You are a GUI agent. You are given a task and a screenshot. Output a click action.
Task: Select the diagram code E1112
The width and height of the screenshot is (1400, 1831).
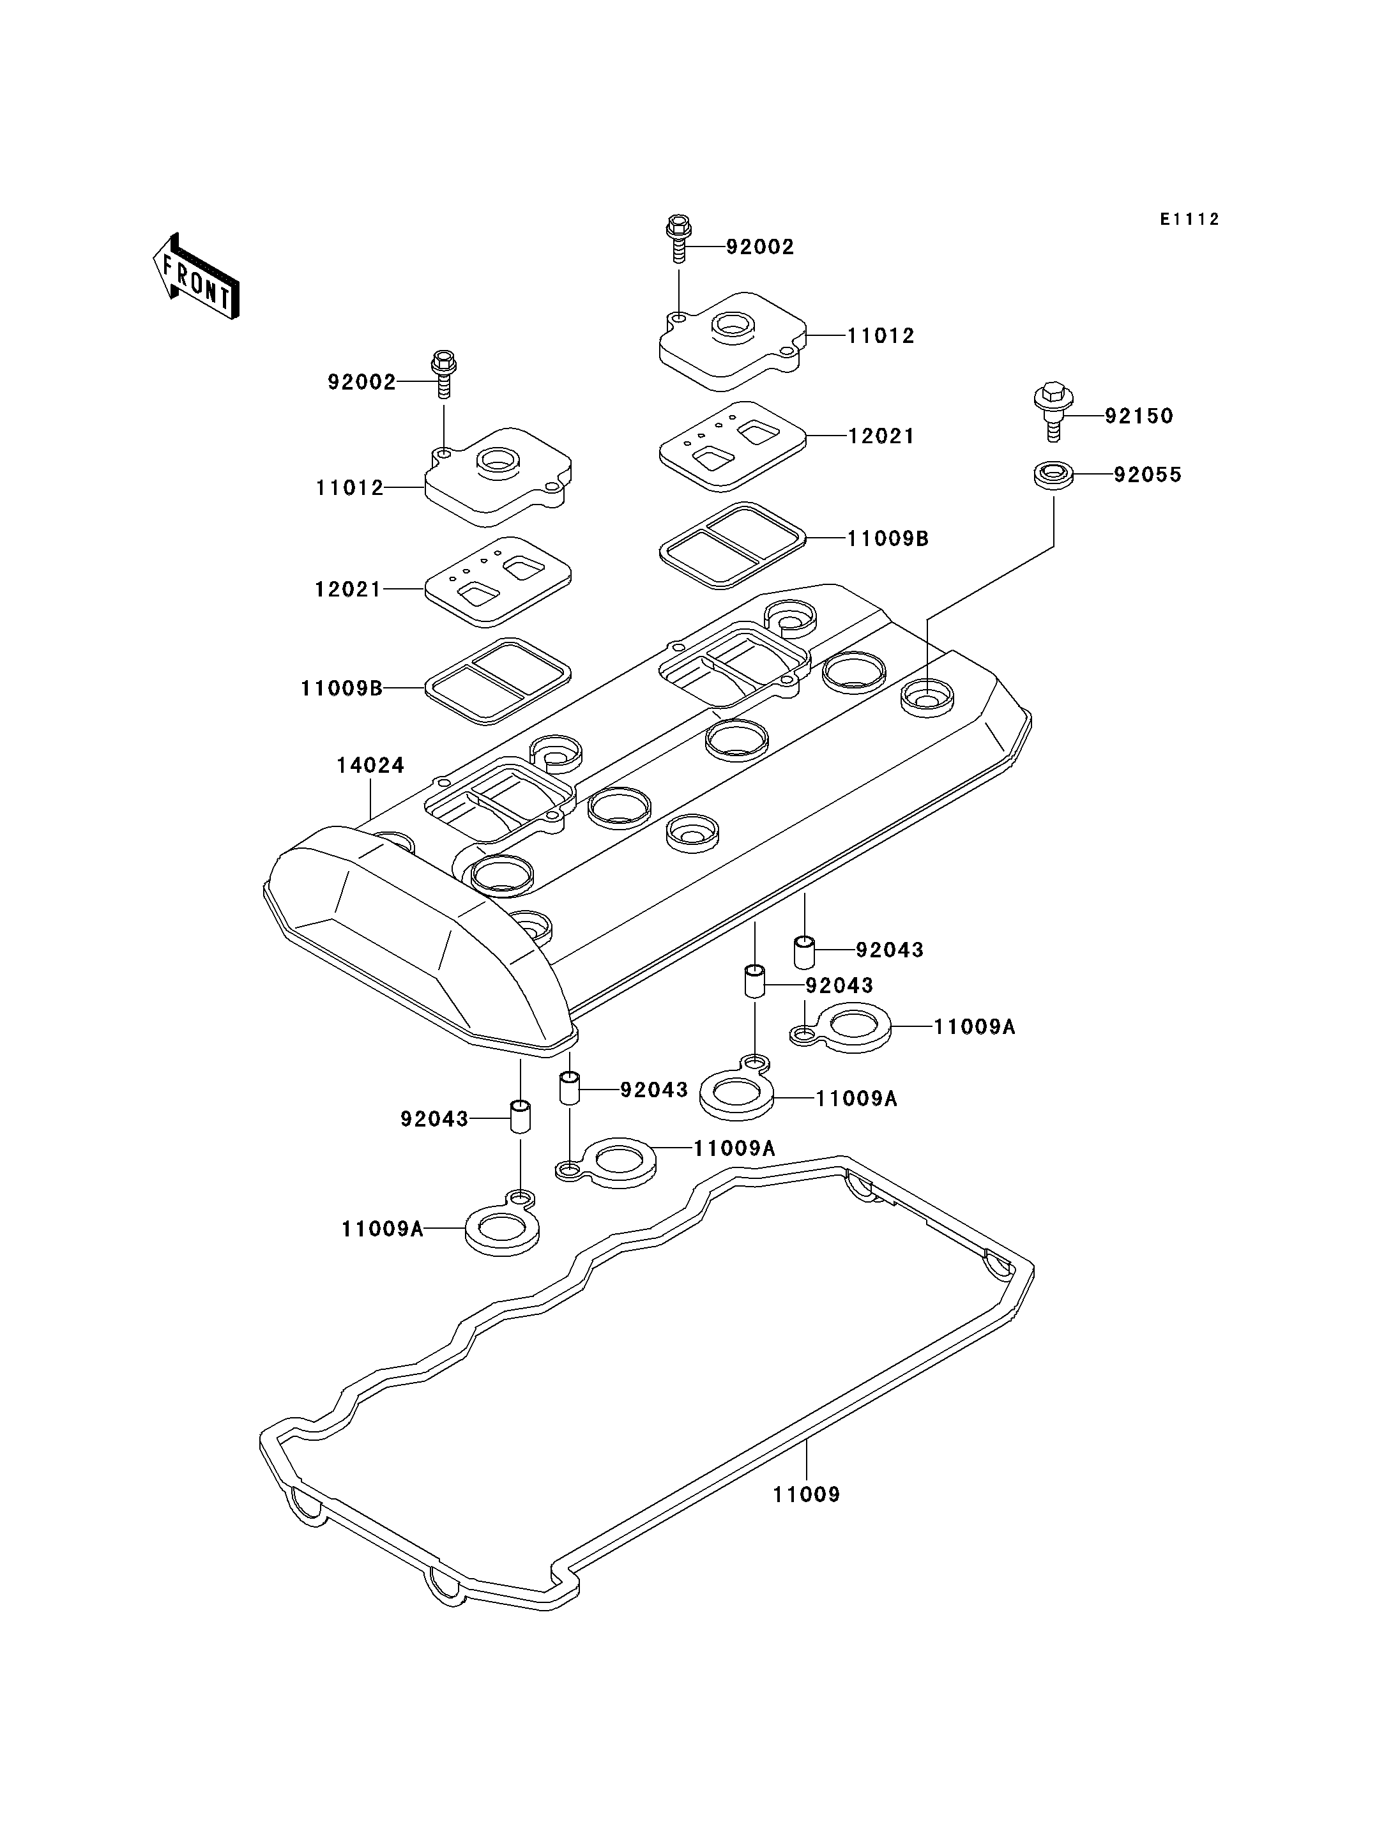pos(1190,219)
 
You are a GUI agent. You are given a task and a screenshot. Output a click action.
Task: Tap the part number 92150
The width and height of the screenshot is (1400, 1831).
pos(1139,416)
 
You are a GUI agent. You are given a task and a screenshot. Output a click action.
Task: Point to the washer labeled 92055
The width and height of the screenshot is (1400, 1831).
pos(1053,476)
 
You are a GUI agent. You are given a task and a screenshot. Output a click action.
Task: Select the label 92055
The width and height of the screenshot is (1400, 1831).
pos(1148,475)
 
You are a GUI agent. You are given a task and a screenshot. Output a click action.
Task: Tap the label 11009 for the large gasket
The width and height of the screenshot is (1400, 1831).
pos(806,1494)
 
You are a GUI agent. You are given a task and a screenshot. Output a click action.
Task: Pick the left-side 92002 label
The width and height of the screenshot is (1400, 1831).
pos(361,383)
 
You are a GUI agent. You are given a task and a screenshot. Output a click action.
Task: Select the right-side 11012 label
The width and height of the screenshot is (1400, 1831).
pos(881,336)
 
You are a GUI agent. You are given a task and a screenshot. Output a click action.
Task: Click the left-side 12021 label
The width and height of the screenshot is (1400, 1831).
pos(348,589)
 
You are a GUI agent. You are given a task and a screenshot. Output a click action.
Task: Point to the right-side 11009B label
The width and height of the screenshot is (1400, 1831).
pos(888,538)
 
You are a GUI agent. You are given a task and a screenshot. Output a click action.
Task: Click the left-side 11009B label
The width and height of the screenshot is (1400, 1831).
pos(342,688)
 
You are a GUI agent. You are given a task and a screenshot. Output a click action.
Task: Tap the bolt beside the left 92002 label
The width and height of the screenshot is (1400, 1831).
pos(444,374)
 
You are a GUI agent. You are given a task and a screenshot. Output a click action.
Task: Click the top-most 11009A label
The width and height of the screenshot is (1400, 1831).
pos(974,1027)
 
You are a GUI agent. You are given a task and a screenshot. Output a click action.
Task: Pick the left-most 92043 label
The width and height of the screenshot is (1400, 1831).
pos(434,1118)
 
